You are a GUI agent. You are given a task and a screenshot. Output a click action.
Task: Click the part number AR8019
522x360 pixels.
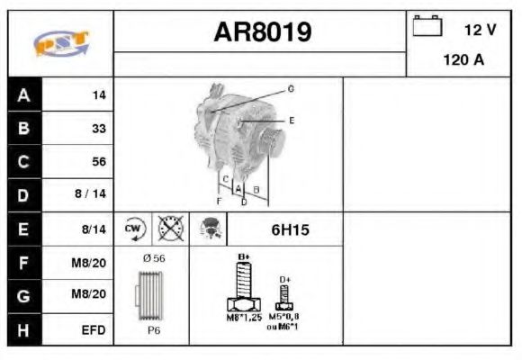click(263, 32)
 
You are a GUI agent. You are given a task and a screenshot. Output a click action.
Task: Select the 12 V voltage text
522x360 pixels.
click(480, 30)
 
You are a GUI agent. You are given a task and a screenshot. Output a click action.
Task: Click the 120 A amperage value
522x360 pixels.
click(464, 61)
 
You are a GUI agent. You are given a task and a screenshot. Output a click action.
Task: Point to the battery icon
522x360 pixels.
click(427, 27)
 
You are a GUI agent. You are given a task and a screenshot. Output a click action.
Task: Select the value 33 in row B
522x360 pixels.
click(98, 129)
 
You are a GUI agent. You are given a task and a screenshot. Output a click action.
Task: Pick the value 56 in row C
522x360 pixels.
click(98, 162)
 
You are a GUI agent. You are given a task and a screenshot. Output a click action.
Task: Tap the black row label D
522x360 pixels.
click(23, 194)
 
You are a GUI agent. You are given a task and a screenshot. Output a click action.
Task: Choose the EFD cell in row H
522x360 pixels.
click(94, 330)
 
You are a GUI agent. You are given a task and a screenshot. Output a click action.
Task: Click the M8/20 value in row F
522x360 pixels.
click(92, 263)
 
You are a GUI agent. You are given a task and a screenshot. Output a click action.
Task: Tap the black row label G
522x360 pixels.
click(23, 296)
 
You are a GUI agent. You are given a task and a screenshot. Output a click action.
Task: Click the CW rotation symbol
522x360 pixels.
click(132, 229)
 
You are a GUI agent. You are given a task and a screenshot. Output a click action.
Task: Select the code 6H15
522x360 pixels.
click(290, 230)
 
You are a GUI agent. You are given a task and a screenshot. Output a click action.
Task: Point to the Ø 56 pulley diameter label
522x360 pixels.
click(154, 258)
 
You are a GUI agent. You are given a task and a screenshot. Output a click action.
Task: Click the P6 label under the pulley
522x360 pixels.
click(154, 331)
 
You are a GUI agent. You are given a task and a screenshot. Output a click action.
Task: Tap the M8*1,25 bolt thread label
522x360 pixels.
click(243, 318)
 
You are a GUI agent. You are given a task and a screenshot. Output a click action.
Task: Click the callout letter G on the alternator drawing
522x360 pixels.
click(291, 88)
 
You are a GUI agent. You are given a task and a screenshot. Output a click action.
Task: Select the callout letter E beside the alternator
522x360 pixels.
click(292, 120)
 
